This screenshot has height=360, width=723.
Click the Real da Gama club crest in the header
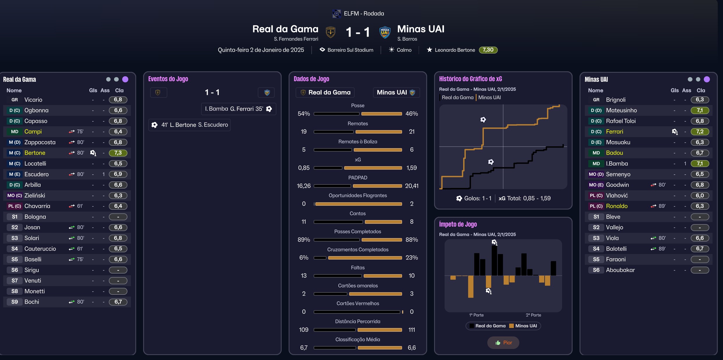coord(331,32)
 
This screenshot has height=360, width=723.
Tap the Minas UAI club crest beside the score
coord(385,32)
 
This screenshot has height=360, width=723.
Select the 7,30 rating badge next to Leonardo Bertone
coord(488,50)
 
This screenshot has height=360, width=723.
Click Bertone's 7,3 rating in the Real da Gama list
coord(118,153)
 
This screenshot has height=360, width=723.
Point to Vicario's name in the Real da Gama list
coord(33,100)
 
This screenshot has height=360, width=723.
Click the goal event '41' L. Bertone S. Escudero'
coord(189,125)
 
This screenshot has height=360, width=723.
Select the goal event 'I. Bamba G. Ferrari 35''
coord(238,109)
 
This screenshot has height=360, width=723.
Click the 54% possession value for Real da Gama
coord(303,114)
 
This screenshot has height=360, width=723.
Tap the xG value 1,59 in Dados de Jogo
coord(411,168)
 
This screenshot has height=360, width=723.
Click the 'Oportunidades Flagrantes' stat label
coord(358,196)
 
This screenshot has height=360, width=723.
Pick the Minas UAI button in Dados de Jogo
coord(396,93)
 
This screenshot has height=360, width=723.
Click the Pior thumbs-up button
coord(503,343)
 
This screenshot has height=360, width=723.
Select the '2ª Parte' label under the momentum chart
coord(533,315)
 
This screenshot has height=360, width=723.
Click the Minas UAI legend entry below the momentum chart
coord(523,326)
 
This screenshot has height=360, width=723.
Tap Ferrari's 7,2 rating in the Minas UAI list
coord(699,132)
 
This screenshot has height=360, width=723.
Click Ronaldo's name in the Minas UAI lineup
coord(617,206)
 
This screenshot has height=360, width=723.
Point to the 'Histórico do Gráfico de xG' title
coord(470,79)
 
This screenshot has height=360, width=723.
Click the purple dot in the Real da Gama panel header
coord(125,79)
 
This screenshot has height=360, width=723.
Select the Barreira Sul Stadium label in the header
coord(350,50)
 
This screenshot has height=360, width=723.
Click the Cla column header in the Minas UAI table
coord(701,91)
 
